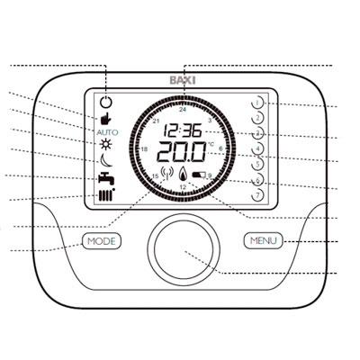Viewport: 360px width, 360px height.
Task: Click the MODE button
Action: (x=102, y=241)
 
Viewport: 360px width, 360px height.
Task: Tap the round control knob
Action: (x=184, y=249)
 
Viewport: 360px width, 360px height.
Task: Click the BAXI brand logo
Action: (x=183, y=80)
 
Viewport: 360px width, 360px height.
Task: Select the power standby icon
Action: (x=106, y=103)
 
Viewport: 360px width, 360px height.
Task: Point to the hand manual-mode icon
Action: (x=105, y=119)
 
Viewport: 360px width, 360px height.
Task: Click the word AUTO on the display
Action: (x=107, y=132)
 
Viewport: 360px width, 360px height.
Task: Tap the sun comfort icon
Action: (x=106, y=145)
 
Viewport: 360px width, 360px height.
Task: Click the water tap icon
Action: (x=106, y=178)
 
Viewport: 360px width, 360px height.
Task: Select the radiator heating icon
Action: (x=106, y=195)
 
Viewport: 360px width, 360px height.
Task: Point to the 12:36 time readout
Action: (x=183, y=131)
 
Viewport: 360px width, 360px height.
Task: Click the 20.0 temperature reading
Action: (x=182, y=151)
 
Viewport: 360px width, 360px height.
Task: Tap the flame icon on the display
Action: (x=183, y=174)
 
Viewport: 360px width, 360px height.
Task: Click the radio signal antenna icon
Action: (x=167, y=174)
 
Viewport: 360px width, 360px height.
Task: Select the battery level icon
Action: (x=199, y=175)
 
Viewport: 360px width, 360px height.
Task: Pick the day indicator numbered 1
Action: (x=257, y=103)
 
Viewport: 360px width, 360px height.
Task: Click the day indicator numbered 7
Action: (x=257, y=195)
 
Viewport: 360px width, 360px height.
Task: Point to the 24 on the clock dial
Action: (x=183, y=110)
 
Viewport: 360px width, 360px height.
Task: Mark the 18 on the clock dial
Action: (x=144, y=149)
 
